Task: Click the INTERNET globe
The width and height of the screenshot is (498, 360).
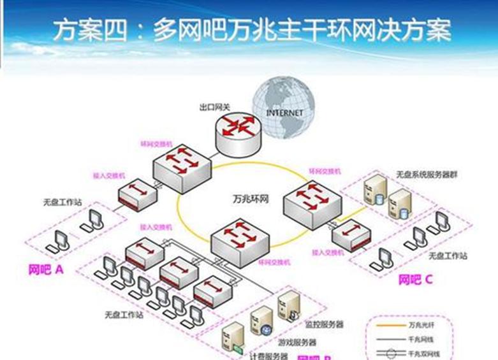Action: pos(283,108)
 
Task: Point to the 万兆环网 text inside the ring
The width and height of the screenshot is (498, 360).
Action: pos(249,198)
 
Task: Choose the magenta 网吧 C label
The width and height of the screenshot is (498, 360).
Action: pos(415,279)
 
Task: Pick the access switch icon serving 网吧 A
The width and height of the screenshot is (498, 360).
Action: pos(137,194)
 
